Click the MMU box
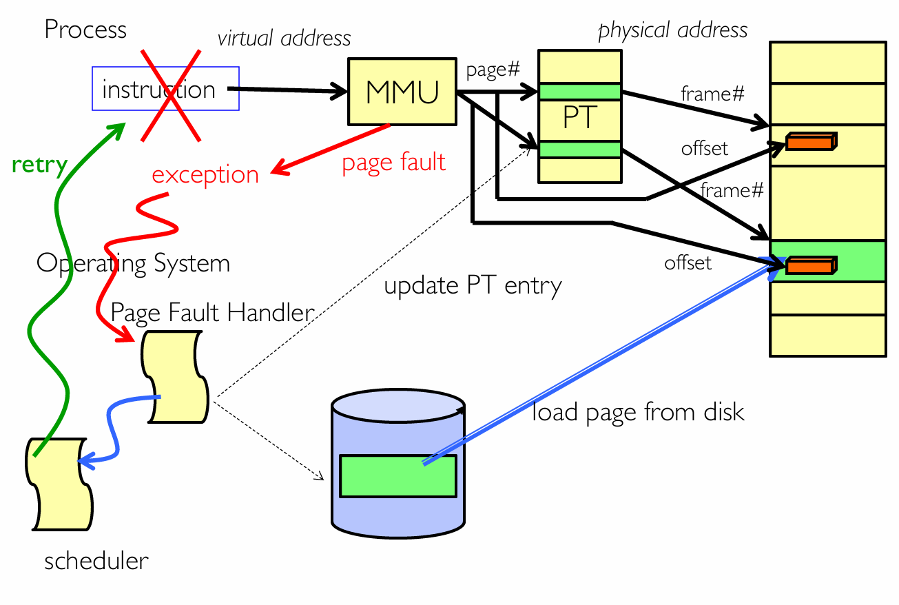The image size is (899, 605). pos(402,92)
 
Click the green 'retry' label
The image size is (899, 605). pos(39,165)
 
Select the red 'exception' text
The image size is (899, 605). pos(205,174)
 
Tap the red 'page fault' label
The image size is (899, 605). pos(394,163)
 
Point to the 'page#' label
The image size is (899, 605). pos(493,70)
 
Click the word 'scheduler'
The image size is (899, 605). pos(96,560)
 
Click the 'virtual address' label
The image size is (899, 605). pos(284,39)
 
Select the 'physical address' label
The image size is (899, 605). pos(672,30)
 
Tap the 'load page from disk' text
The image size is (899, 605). pos(638,412)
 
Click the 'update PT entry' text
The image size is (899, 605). pos(473,286)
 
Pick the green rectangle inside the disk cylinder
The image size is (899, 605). pos(398,476)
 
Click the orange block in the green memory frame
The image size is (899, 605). pos(811,265)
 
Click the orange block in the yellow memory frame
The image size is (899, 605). pos(811,141)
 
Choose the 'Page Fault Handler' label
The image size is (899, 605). pos(212,312)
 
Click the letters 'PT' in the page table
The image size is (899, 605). pos(580,117)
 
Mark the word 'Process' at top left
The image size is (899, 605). pos(85,30)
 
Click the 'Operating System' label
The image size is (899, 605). pos(133,264)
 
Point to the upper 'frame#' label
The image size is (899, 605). pos(713,94)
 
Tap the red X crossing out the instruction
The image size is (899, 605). pos(171,96)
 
